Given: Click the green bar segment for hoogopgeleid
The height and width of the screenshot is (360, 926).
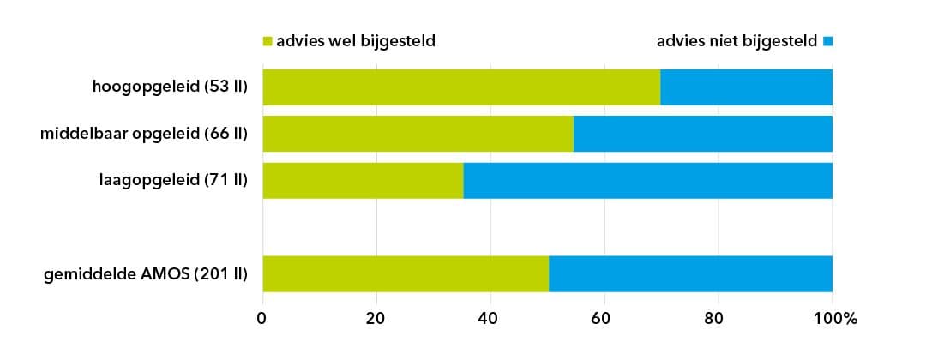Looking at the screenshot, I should click(x=461, y=87).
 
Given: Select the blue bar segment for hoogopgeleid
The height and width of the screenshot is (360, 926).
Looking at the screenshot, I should click(x=746, y=87).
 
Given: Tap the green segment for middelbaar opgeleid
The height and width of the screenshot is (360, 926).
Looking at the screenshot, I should click(x=418, y=134).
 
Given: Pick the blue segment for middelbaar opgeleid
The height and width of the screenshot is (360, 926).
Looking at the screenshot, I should click(x=703, y=134).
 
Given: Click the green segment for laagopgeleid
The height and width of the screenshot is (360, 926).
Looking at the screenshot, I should click(x=363, y=180).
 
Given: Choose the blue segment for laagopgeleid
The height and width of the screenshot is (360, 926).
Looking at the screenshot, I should click(x=647, y=180).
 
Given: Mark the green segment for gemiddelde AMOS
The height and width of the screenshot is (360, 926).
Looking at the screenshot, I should click(x=406, y=273).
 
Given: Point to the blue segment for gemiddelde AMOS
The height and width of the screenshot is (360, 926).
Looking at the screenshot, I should click(x=690, y=273).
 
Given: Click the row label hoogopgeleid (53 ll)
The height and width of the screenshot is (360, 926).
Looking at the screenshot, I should click(x=171, y=87).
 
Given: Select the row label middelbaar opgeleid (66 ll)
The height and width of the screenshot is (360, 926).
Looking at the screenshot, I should click(x=144, y=134).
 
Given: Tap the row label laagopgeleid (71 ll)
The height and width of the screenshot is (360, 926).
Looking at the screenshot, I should click(x=173, y=180).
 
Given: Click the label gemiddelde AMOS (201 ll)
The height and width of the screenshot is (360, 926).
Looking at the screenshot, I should click(x=146, y=274).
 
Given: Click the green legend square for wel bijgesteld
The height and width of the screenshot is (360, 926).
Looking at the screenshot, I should click(x=267, y=41).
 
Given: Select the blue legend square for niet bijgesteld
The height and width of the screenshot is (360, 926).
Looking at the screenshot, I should click(x=827, y=41).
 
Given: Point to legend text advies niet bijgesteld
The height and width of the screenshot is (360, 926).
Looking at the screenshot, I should click(x=737, y=40).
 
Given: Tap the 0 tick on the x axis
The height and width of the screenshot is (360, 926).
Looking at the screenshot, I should click(x=262, y=319).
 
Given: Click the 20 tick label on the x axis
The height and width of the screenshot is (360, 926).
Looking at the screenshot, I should click(x=376, y=319).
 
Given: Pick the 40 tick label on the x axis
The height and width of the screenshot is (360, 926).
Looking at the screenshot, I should click(x=490, y=319).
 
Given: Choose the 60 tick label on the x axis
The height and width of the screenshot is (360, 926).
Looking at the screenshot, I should click(x=604, y=319).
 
